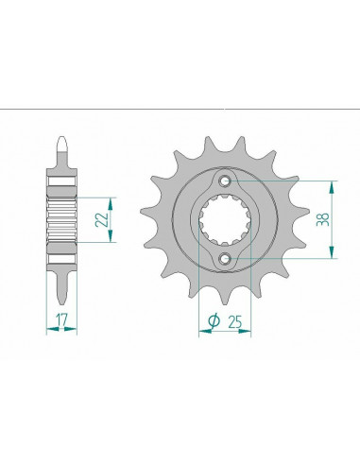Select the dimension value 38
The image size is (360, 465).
tap(323, 219)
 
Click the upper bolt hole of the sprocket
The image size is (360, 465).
tap(225, 181)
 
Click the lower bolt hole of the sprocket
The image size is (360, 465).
tap(225, 258)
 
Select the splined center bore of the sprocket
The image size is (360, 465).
tap(225, 220)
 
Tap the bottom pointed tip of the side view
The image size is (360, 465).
tap(62, 303)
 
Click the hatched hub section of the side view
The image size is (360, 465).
tap(62, 219)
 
